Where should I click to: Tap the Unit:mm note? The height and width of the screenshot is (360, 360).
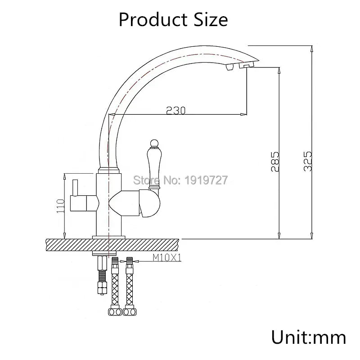click(308, 337)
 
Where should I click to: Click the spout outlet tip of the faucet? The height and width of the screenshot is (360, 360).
click(245, 66)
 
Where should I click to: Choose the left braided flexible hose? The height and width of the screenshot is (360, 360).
click(115, 283)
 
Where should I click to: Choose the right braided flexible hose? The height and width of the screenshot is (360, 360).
click(130, 283)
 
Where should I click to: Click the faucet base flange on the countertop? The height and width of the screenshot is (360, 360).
click(108, 237)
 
